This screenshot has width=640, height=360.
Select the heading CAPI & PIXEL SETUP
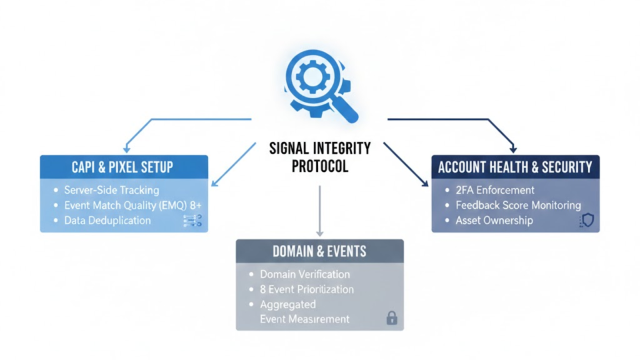[122, 167]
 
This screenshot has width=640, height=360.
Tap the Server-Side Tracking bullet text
[112, 190]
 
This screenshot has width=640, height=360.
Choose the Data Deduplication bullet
[107, 220]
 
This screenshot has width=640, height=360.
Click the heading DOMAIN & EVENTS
[319, 251]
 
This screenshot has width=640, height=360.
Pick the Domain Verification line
[305, 274]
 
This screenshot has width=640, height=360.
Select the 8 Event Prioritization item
[307, 289]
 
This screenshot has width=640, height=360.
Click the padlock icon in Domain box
[392, 317]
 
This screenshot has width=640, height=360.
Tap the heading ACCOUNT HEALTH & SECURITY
[515, 167]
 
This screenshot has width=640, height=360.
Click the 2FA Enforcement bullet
[495, 190]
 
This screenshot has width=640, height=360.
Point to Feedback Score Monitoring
[518, 205]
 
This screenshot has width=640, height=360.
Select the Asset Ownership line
[494, 220]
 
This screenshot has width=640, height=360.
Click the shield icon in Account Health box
[587, 220]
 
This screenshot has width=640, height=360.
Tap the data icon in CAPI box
[191, 220]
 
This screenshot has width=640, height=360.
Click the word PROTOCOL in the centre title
[319, 167]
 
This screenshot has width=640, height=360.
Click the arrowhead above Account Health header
[514, 149]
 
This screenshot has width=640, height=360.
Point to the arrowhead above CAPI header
[127, 149]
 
